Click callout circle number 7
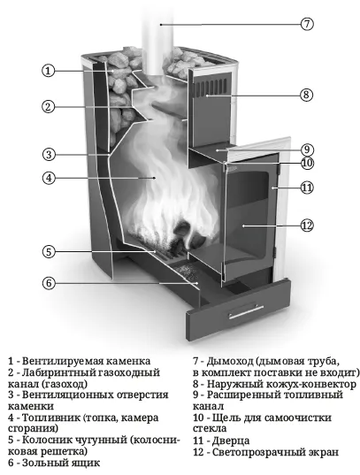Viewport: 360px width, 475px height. coord(307,24)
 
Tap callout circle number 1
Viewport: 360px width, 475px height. coord(48,71)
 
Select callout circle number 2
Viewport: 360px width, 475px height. coord(48,107)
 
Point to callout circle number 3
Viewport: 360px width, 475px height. coord(49,155)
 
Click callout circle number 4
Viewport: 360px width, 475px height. coord(49,178)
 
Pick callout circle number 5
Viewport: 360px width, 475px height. coord(49,251)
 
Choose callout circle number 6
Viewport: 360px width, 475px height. coord(49,283)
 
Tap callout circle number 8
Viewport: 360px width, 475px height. coord(306,95)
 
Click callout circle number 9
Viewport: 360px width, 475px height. coord(307,149)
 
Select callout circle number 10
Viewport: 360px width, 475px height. coord(307,163)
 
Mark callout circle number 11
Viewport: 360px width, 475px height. coord(307,188)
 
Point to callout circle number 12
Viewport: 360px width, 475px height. coord(307,226)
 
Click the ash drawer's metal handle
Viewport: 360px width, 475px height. coord(246,311)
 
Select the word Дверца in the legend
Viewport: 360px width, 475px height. coord(231,441)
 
